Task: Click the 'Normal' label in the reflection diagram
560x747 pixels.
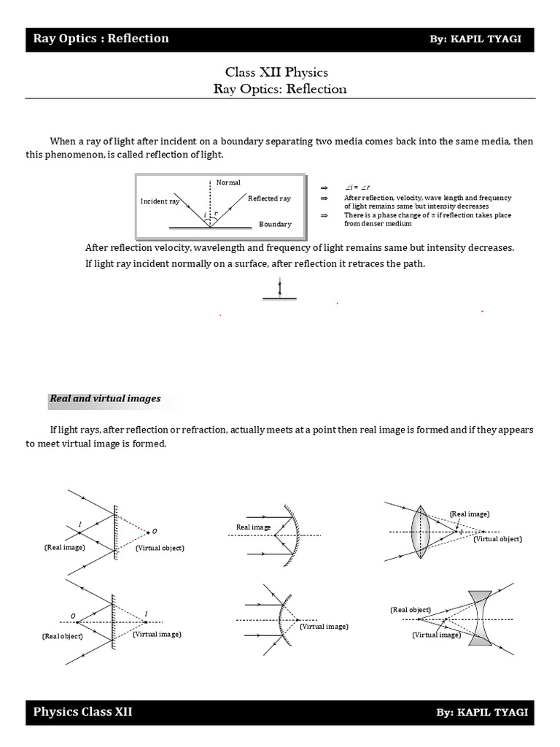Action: [x=228, y=182]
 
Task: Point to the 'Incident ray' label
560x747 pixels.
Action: [x=160, y=201]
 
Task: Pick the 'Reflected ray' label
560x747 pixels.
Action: [x=269, y=198]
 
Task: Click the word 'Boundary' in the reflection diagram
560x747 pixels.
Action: [x=275, y=225]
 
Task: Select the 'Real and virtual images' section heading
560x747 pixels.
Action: [x=105, y=399]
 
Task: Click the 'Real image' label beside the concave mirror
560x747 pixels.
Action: [x=253, y=527]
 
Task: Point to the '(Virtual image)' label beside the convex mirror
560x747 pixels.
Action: [x=324, y=627]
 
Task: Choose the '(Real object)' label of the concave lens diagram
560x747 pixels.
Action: [x=410, y=610]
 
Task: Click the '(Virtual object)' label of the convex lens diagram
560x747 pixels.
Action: [x=497, y=539]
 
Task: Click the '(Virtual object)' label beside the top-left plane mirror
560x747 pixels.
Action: [x=160, y=548]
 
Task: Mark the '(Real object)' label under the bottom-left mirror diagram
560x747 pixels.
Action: [x=63, y=636]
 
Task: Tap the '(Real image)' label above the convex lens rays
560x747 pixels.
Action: [x=470, y=514]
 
